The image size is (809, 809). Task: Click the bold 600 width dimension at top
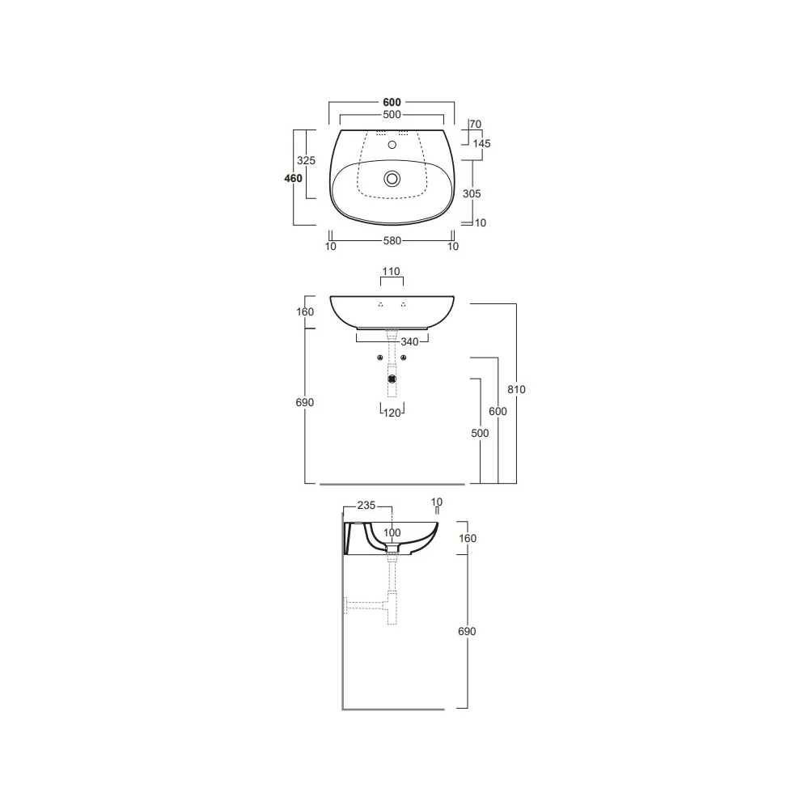[x=392, y=102]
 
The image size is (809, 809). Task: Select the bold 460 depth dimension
[x=293, y=178]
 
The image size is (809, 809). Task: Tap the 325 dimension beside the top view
[x=306, y=160]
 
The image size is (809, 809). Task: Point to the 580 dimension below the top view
[x=392, y=240]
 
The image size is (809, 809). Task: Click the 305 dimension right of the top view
[x=472, y=193]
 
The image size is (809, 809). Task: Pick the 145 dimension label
[x=482, y=143]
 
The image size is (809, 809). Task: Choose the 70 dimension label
[x=476, y=125]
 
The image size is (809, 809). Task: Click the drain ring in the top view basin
[x=392, y=179]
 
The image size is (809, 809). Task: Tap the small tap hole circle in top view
[x=392, y=145]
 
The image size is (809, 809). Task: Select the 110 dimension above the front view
[x=391, y=271]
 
